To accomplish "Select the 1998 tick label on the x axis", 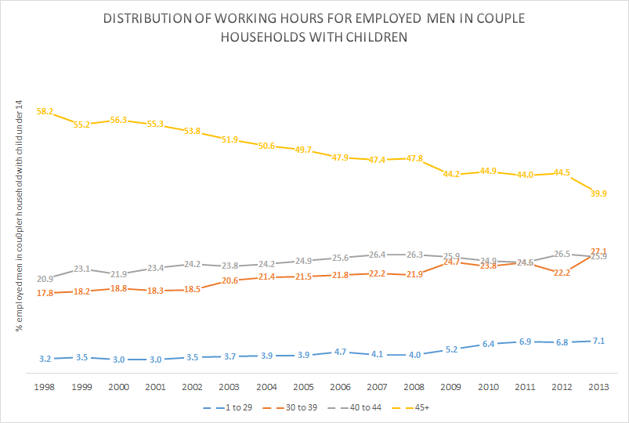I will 45,386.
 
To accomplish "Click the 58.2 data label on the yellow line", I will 45,112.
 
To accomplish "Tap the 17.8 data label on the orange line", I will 45,294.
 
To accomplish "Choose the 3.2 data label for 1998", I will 45,359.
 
